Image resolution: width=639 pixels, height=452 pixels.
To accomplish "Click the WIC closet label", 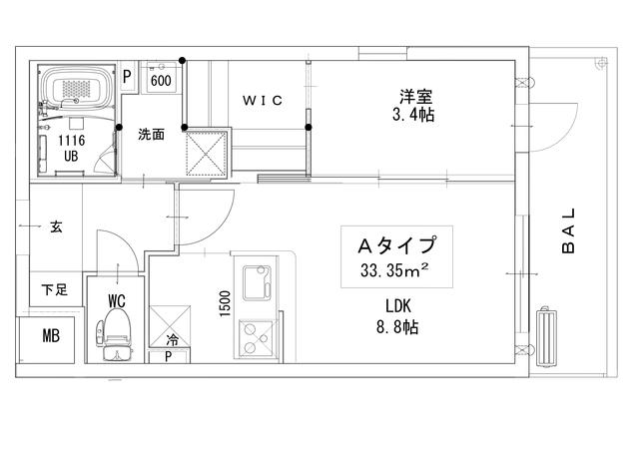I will (x=264, y=100).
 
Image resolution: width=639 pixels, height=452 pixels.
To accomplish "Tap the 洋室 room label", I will (x=414, y=97).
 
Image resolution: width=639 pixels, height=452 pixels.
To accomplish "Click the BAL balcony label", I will (x=568, y=231).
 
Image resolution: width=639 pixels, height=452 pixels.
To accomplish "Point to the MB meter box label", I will (x=50, y=336).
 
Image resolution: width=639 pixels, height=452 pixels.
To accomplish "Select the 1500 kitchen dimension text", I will (x=226, y=301).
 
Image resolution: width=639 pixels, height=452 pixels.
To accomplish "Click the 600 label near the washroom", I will (x=161, y=80).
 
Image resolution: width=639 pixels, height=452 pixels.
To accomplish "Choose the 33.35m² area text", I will (x=395, y=270).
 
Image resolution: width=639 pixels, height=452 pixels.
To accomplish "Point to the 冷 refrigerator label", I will (x=173, y=340).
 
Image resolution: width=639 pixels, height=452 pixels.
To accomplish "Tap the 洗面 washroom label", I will (x=151, y=135).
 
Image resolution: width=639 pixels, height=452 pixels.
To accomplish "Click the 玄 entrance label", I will (x=55, y=227).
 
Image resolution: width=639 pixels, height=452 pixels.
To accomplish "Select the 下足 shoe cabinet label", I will (x=54, y=289).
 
